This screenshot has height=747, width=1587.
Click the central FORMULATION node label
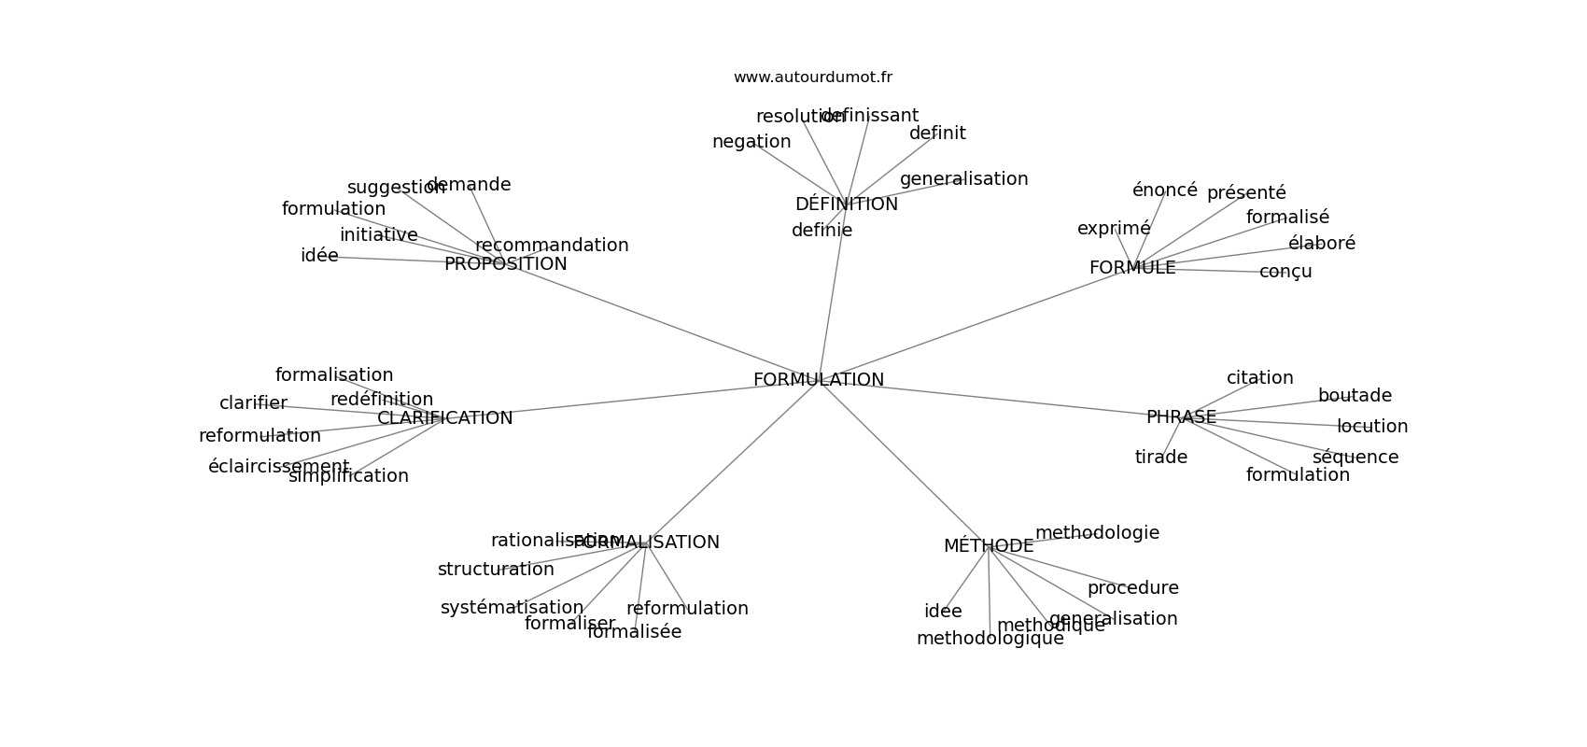tap(818, 380)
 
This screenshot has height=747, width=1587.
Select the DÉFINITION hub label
tap(846, 204)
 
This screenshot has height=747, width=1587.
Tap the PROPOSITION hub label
tap(505, 264)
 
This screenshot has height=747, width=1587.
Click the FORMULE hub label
tap(1131, 268)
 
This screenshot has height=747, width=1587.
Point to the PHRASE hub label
tap(1181, 417)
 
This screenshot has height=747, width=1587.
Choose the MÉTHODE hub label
tap(988, 546)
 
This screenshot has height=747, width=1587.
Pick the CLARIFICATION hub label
tap(444, 418)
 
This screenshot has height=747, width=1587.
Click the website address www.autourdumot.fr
tap(812, 78)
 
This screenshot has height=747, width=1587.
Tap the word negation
tap(751, 142)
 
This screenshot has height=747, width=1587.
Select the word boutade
tap(1354, 396)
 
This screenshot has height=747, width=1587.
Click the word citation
tap(1259, 378)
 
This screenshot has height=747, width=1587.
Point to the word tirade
tap(1160, 458)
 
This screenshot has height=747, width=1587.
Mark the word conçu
tap(1285, 272)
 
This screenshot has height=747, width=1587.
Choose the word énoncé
tap(1164, 190)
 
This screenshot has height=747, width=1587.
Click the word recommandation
tap(552, 246)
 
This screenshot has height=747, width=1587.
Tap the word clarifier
tap(253, 403)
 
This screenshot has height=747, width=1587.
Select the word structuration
tap(495, 570)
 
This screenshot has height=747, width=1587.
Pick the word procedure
tap(1132, 588)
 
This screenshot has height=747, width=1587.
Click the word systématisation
tap(512, 608)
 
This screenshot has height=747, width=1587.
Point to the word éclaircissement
tap(278, 467)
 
